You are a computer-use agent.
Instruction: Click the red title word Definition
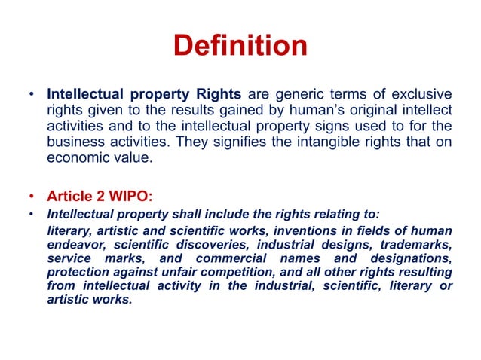pos(240,46)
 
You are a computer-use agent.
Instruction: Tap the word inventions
pos(283,230)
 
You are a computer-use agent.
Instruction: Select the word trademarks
pos(416,244)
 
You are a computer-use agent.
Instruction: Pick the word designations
pos(409,258)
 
